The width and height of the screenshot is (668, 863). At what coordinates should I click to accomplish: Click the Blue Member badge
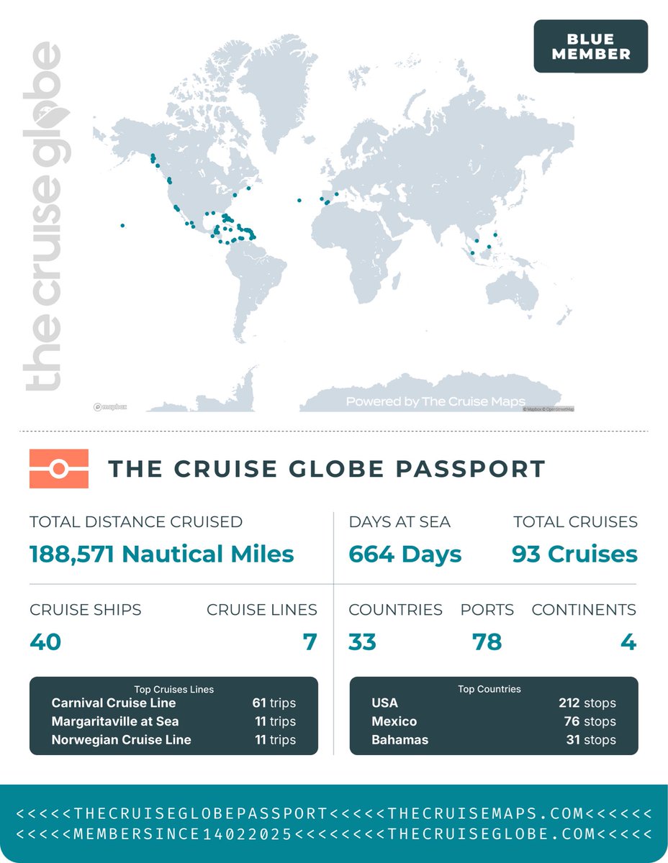[590, 46]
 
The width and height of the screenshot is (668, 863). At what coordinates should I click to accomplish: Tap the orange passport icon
[59, 469]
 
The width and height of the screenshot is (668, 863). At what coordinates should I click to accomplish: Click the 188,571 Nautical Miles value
[161, 554]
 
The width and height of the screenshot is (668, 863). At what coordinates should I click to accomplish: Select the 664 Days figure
[405, 554]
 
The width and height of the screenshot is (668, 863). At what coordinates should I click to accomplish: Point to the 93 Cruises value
[574, 554]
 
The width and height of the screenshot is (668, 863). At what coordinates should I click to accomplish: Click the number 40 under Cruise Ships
[45, 641]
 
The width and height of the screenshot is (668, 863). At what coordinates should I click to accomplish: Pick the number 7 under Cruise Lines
[310, 641]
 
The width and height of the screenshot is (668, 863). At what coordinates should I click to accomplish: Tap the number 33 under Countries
[362, 641]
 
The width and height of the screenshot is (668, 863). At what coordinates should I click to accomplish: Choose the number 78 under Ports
[487, 641]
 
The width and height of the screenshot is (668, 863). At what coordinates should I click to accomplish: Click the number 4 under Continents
[628, 641]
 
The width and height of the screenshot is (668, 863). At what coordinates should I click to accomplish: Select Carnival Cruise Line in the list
[114, 703]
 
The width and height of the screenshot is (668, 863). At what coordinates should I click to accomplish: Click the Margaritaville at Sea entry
[115, 721]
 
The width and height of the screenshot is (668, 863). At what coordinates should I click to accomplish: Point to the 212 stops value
[587, 703]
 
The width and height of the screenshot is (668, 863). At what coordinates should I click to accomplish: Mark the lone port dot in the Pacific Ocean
[122, 226]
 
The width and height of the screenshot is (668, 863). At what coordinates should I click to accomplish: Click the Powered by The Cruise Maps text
[435, 401]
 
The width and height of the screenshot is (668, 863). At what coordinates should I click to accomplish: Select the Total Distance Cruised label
[136, 522]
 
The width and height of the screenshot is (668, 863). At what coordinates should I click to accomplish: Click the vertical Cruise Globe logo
[43, 216]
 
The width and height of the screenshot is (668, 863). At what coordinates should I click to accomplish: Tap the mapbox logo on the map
[110, 407]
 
